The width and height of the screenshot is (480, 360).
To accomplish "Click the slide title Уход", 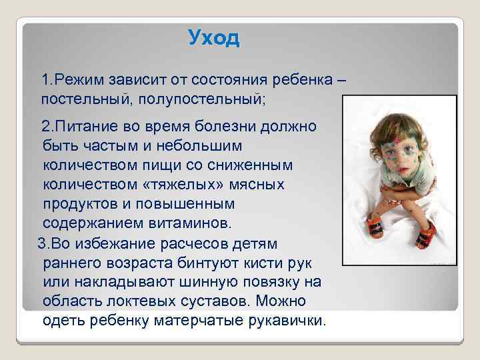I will pyautogui.click(x=213, y=38).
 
